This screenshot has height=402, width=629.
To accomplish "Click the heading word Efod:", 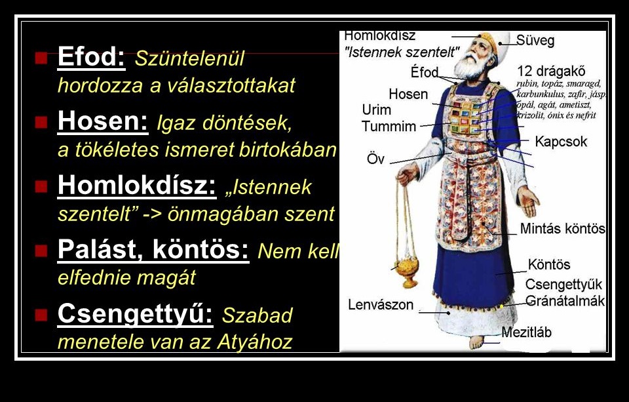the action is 92,56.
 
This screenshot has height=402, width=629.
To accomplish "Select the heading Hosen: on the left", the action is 103,121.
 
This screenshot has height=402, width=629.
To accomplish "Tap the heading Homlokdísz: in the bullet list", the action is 137,186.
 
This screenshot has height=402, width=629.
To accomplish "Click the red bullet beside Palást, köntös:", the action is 41,251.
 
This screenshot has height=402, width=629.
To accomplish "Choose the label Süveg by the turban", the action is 535,41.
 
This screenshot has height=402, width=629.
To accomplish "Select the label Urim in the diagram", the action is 376,110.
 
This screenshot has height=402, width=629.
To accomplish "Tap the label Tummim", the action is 389,126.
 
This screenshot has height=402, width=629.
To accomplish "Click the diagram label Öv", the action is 375,159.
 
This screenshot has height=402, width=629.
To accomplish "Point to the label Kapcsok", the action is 561,142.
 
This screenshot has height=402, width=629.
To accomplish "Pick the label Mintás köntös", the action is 562,228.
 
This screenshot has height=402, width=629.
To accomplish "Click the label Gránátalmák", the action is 565,301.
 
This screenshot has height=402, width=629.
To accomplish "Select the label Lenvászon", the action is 381,304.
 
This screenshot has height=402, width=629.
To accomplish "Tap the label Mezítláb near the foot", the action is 526,332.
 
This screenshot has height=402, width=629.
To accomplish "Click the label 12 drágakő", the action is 551,71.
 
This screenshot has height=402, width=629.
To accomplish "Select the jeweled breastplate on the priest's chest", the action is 466,117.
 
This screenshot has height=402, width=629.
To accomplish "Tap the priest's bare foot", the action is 476,342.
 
